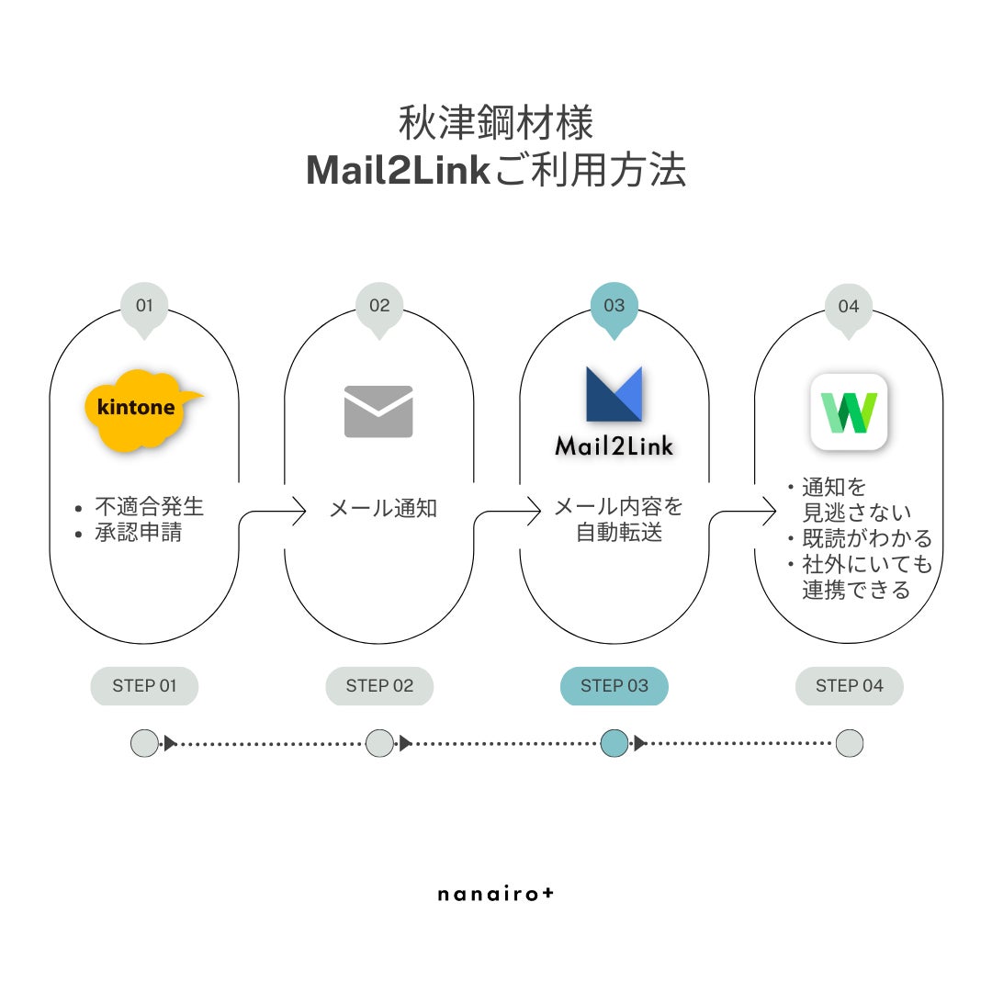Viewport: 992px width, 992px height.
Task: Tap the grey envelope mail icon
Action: click(x=378, y=411)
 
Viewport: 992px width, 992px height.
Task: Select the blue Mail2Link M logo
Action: click(x=614, y=395)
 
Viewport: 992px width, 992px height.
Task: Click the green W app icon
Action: click(x=849, y=412)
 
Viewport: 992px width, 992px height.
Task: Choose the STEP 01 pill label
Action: click(x=144, y=686)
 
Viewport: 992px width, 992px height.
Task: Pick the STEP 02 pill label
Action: click(x=379, y=686)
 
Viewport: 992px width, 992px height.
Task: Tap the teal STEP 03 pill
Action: click(x=614, y=686)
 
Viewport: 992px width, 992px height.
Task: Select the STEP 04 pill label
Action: click(x=849, y=686)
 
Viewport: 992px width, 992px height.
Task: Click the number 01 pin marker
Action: click(x=144, y=307)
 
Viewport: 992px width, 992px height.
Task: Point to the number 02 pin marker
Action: click(x=379, y=307)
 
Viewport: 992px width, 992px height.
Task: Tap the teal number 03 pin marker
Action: click(x=614, y=307)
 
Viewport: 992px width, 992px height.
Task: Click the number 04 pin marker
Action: click(x=849, y=307)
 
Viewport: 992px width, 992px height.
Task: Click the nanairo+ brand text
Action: click(x=496, y=893)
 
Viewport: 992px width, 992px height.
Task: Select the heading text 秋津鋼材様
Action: click(x=496, y=123)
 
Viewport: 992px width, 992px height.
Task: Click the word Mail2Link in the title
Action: click(x=397, y=171)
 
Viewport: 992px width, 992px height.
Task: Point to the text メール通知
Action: click(x=383, y=508)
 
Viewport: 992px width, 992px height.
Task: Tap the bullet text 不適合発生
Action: click(x=150, y=506)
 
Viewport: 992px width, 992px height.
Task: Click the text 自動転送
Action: click(x=619, y=533)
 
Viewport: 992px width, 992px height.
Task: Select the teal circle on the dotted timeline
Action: click(x=614, y=743)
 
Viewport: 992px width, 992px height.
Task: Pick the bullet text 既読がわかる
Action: click(x=866, y=538)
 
